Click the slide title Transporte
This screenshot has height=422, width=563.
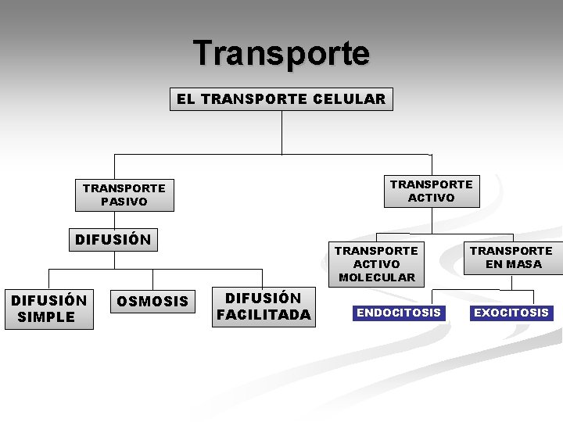tap(281, 54)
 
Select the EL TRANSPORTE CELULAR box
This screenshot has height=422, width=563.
tap(281, 99)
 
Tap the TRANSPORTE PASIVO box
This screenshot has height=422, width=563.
tap(124, 195)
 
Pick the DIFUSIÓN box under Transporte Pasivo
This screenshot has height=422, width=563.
tap(113, 239)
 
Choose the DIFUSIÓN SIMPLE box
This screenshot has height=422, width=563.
tap(48, 309)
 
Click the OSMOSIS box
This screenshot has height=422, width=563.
tap(152, 302)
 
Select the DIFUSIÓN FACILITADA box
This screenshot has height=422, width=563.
tap(264, 306)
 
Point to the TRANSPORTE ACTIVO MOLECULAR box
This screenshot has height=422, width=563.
tap(377, 263)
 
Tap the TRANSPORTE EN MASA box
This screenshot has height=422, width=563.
tap(512, 257)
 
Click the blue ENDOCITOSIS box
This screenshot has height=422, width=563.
tap(399, 313)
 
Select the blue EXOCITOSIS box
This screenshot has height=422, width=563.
tap(511, 313)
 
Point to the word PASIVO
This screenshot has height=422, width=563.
tap(124, 202)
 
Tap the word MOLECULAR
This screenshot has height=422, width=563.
tap(377, 277)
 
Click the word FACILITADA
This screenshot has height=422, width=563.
tap(264, 315)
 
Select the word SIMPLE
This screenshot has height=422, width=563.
tap(46, 317)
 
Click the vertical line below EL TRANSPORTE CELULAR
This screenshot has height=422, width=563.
tap(281, 133)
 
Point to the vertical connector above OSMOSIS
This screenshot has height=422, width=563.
tap(152, 279)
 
